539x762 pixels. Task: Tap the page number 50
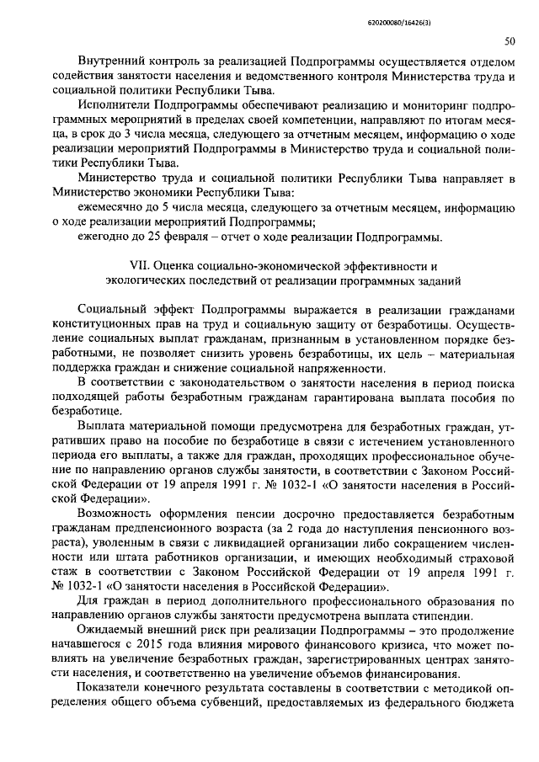pos(510,40)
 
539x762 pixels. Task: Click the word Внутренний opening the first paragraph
pos(109,62)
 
